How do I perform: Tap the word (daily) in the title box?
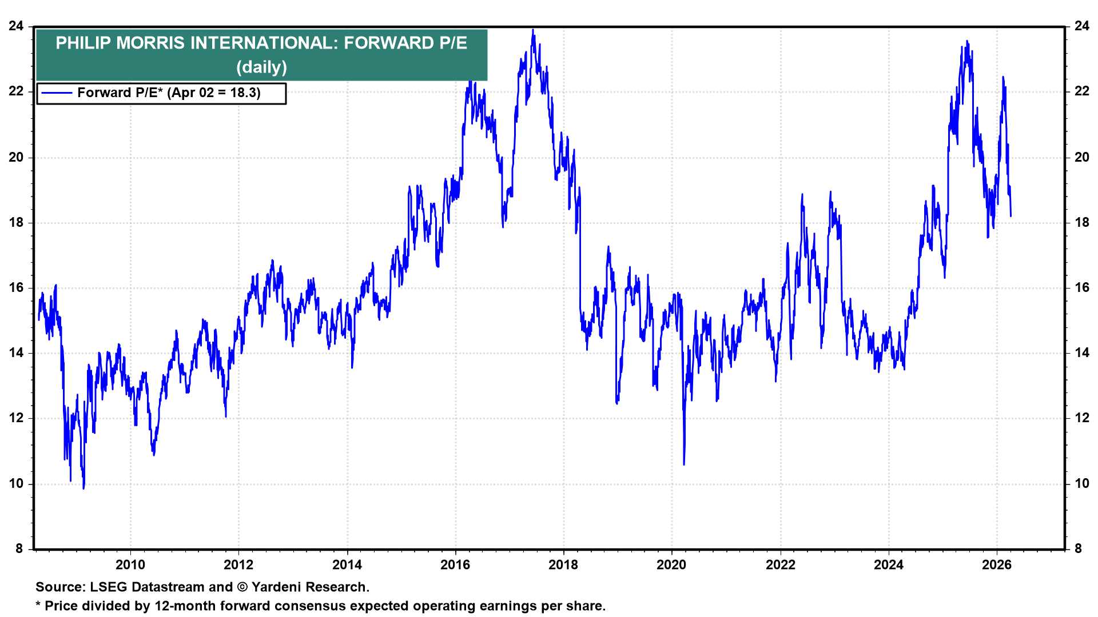point(261,67)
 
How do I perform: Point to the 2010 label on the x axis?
point(130,565)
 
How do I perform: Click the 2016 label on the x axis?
point(455,565)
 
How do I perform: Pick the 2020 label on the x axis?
point(671,565)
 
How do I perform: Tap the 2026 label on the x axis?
point(996,565)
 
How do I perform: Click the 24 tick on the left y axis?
point(16,26)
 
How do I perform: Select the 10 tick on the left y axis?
point(16,484)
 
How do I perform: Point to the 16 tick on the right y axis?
point(1082,288)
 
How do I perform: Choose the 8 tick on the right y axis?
point(1079,549)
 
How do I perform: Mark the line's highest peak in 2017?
point(533,30)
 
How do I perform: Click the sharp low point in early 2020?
point(684,464)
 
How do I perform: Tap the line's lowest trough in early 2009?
point(83,488)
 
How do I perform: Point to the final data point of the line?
point(1011,216)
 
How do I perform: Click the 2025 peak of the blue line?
point(967,42)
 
